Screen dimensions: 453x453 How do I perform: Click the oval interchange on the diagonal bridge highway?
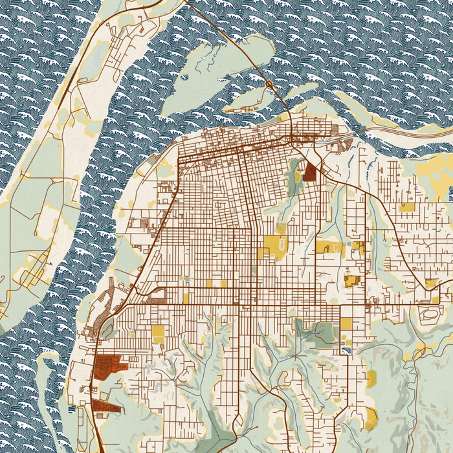coord(269,84)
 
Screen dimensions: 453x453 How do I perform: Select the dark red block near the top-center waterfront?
coord(309,171)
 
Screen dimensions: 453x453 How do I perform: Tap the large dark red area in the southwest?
coord(110,366)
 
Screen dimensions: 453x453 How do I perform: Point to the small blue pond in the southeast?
coord(346,349)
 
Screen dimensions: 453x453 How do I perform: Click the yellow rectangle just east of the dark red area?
coord(158,334)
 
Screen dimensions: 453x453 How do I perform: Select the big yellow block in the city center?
coord(274,246)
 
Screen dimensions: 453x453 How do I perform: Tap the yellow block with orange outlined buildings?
coord(352,281)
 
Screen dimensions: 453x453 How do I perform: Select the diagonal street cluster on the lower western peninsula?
coord(29,278)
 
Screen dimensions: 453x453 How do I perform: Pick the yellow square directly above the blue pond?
coord(347,324)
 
